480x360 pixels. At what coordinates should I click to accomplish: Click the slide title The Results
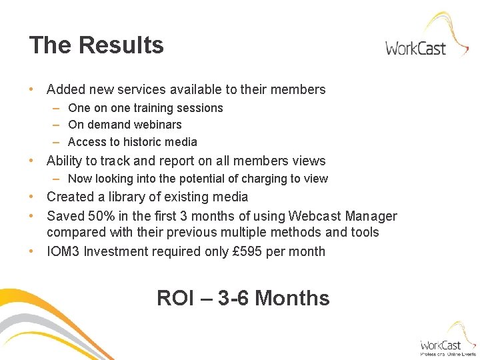96,45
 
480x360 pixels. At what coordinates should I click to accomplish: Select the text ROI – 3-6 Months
243,298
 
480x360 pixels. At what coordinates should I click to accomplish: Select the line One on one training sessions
145,108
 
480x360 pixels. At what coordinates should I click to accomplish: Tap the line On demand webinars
125,125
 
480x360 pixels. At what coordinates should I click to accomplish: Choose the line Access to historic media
133,141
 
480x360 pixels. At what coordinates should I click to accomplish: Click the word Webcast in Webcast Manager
313,216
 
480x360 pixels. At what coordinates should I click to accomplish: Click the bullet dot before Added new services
31,89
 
